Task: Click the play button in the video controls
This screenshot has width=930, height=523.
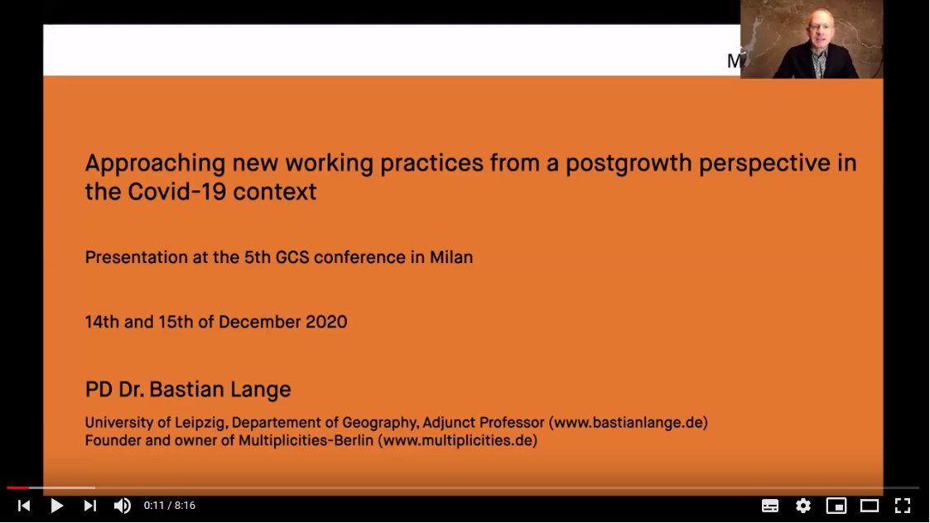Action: pyautogui.click(x=56, y=506)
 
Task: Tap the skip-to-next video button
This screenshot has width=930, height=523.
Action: pyautogui.click(x=90, y=506)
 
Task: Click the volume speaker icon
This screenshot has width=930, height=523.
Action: pyautogui.click(x=122, y=506)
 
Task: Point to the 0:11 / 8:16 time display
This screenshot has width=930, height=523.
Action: pyautogui.click(x=170, y=506)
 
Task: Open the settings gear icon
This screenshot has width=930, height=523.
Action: pyautogui.click(x=802, y=506)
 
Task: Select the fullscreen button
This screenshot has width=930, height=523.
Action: pyautogui.click(x=903, y=506)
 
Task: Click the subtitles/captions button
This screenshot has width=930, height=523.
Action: pyautogui.click(x=769, y=506)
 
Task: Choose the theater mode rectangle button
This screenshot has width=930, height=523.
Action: pyautogui.click(x=869, y=506)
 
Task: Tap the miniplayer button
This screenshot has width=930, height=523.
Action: pyautogui.click(x=836, y=506)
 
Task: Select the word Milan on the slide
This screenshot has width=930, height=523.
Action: pyautogui.click(x=451, y=257)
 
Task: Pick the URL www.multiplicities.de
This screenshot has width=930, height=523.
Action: pyautogui.click(x=457, y=441)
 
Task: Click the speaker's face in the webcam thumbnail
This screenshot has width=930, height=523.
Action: pyautogui.click(x=812, y=30)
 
